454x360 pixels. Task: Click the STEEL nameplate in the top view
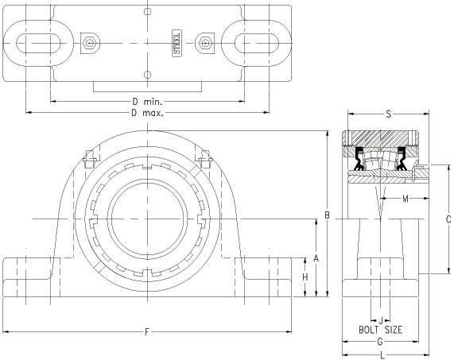[x=177, y=43]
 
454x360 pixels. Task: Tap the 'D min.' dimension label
[x=147, y=102]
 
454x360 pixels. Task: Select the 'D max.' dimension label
[x=147, y=113]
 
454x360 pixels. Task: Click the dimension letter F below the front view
[x=147, y=331]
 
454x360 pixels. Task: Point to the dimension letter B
[x=327, y=215]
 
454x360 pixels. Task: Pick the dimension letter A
[x=316, y=257]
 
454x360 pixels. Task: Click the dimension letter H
[x=305, y=277]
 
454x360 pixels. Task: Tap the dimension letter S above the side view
[x=389, y=114]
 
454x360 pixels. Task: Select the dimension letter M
[x=405, y=199]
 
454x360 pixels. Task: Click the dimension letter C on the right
[x=448, y=219]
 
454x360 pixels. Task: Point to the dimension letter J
[x=381, y=320]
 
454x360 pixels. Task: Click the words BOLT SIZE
[x=381, y=330]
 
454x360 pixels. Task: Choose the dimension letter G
[x=380, y=342]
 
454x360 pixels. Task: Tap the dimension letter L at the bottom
[x=382, y=354]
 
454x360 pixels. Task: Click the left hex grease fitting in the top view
[x=90, y=43]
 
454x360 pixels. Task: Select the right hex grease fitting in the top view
[x=204, y=43]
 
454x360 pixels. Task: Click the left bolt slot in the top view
[x=38, y=43]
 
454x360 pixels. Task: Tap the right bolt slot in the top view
[x=257, y=43]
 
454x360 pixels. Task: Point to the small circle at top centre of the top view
[x=147, y=12]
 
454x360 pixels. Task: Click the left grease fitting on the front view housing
[x=89, y=159]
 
